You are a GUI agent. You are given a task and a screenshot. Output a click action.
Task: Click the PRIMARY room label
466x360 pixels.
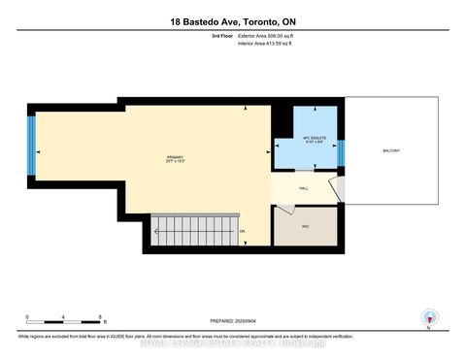[x=175, y=158]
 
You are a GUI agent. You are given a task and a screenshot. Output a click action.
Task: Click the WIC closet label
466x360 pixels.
[x=305, y=226]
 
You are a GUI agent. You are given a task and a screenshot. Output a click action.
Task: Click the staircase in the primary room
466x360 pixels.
[x=193, y=231]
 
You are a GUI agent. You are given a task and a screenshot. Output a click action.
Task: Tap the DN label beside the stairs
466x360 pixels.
[x=242, y=231]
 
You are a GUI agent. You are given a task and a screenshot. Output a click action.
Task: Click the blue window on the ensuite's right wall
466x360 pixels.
[x=341, y=151]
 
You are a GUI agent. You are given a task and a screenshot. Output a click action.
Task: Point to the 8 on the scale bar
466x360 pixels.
[x=100, y=317]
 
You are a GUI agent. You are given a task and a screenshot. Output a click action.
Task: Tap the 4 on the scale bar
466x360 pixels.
[x=64, y=317]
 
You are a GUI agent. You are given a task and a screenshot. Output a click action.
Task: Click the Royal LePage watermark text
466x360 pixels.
[x=233, y=342]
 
